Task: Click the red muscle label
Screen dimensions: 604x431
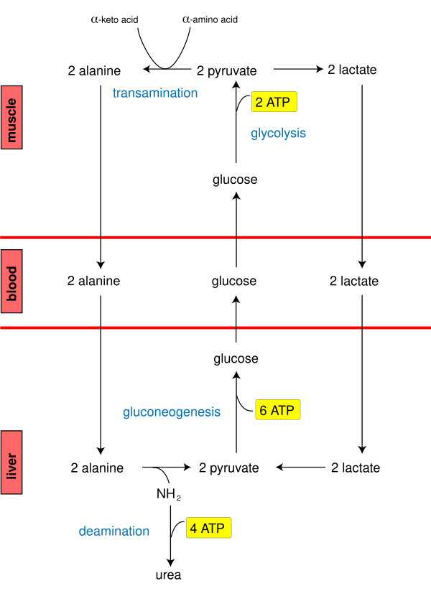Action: tap(11, 117)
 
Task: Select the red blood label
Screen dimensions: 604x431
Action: tap(11, 282)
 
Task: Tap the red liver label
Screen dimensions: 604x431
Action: tap(11, 463)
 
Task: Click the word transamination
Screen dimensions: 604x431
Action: tap(155, 93)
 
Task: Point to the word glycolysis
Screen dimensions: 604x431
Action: tap(278, 134)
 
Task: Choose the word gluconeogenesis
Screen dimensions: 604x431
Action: tap(172, 412)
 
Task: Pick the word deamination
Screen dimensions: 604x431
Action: tap(114, 531)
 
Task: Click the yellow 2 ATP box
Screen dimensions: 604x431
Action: tap(274, 102)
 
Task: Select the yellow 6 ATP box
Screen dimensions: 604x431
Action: tap(278, 410)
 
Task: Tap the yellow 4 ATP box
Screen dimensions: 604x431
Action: tap(208, 529)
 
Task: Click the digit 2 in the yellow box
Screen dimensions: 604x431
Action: tap(259, 103)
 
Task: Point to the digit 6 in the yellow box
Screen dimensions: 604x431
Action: tap(264, 411)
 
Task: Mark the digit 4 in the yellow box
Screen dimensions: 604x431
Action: tap(194, 529)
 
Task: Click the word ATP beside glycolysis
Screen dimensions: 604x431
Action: tap(279, 103)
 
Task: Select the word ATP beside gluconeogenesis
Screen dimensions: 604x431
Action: tap(283, 411)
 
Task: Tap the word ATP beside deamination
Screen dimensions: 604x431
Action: tap(213, 529)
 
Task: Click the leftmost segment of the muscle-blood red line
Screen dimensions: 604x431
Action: tap(50, 237)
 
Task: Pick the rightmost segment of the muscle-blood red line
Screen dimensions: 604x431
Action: tap(397, 237)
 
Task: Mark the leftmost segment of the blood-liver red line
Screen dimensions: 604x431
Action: tap(50, 327)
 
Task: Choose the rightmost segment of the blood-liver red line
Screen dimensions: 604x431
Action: tap(397, 327)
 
